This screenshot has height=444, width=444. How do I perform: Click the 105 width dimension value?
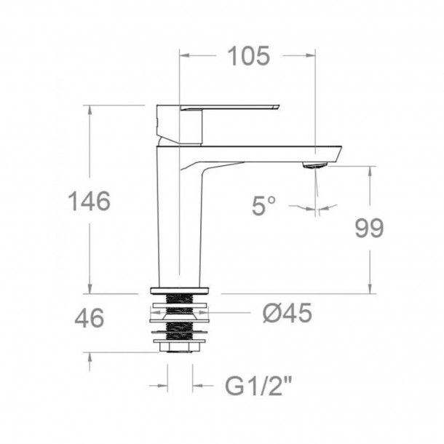point(249,56)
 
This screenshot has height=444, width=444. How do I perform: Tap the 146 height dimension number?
point(90,201)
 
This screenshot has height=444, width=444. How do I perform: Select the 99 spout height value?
point(369,228)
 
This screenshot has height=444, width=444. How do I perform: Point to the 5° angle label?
point(263,206)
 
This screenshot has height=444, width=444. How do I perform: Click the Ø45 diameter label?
point(287,312)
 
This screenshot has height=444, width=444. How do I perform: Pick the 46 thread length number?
point(90,318)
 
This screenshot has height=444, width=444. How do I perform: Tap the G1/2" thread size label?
point(258,386)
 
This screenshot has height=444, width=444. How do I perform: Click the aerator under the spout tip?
point(314,164)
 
